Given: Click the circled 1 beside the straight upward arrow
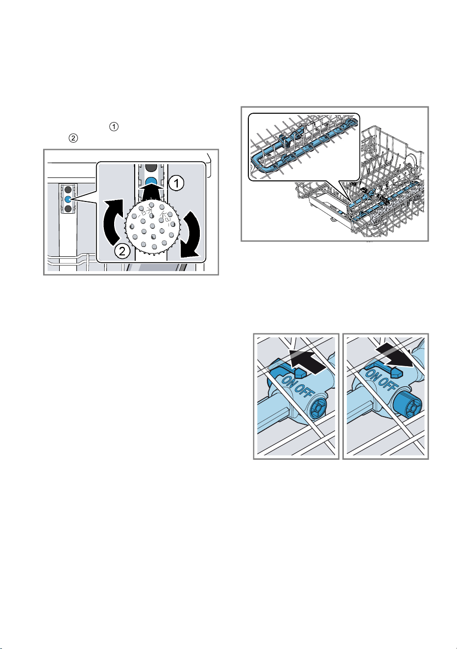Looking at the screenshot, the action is tap(176, 183).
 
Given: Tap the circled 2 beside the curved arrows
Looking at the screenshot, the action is tap(122, 251).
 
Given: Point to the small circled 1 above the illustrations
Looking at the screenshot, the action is tap(114, 126).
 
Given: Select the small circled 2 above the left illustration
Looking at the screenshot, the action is tap(73, 138).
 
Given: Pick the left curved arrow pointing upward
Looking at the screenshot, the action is tap(114, 222).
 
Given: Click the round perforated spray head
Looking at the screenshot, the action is tap(152, 227).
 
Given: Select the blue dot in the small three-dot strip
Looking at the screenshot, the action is tap(68, 199).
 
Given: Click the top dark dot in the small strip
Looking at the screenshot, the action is tap(68, 190).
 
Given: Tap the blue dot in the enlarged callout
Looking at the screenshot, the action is tap(151, 181).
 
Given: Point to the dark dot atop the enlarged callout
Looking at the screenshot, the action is tap(151, 167).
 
